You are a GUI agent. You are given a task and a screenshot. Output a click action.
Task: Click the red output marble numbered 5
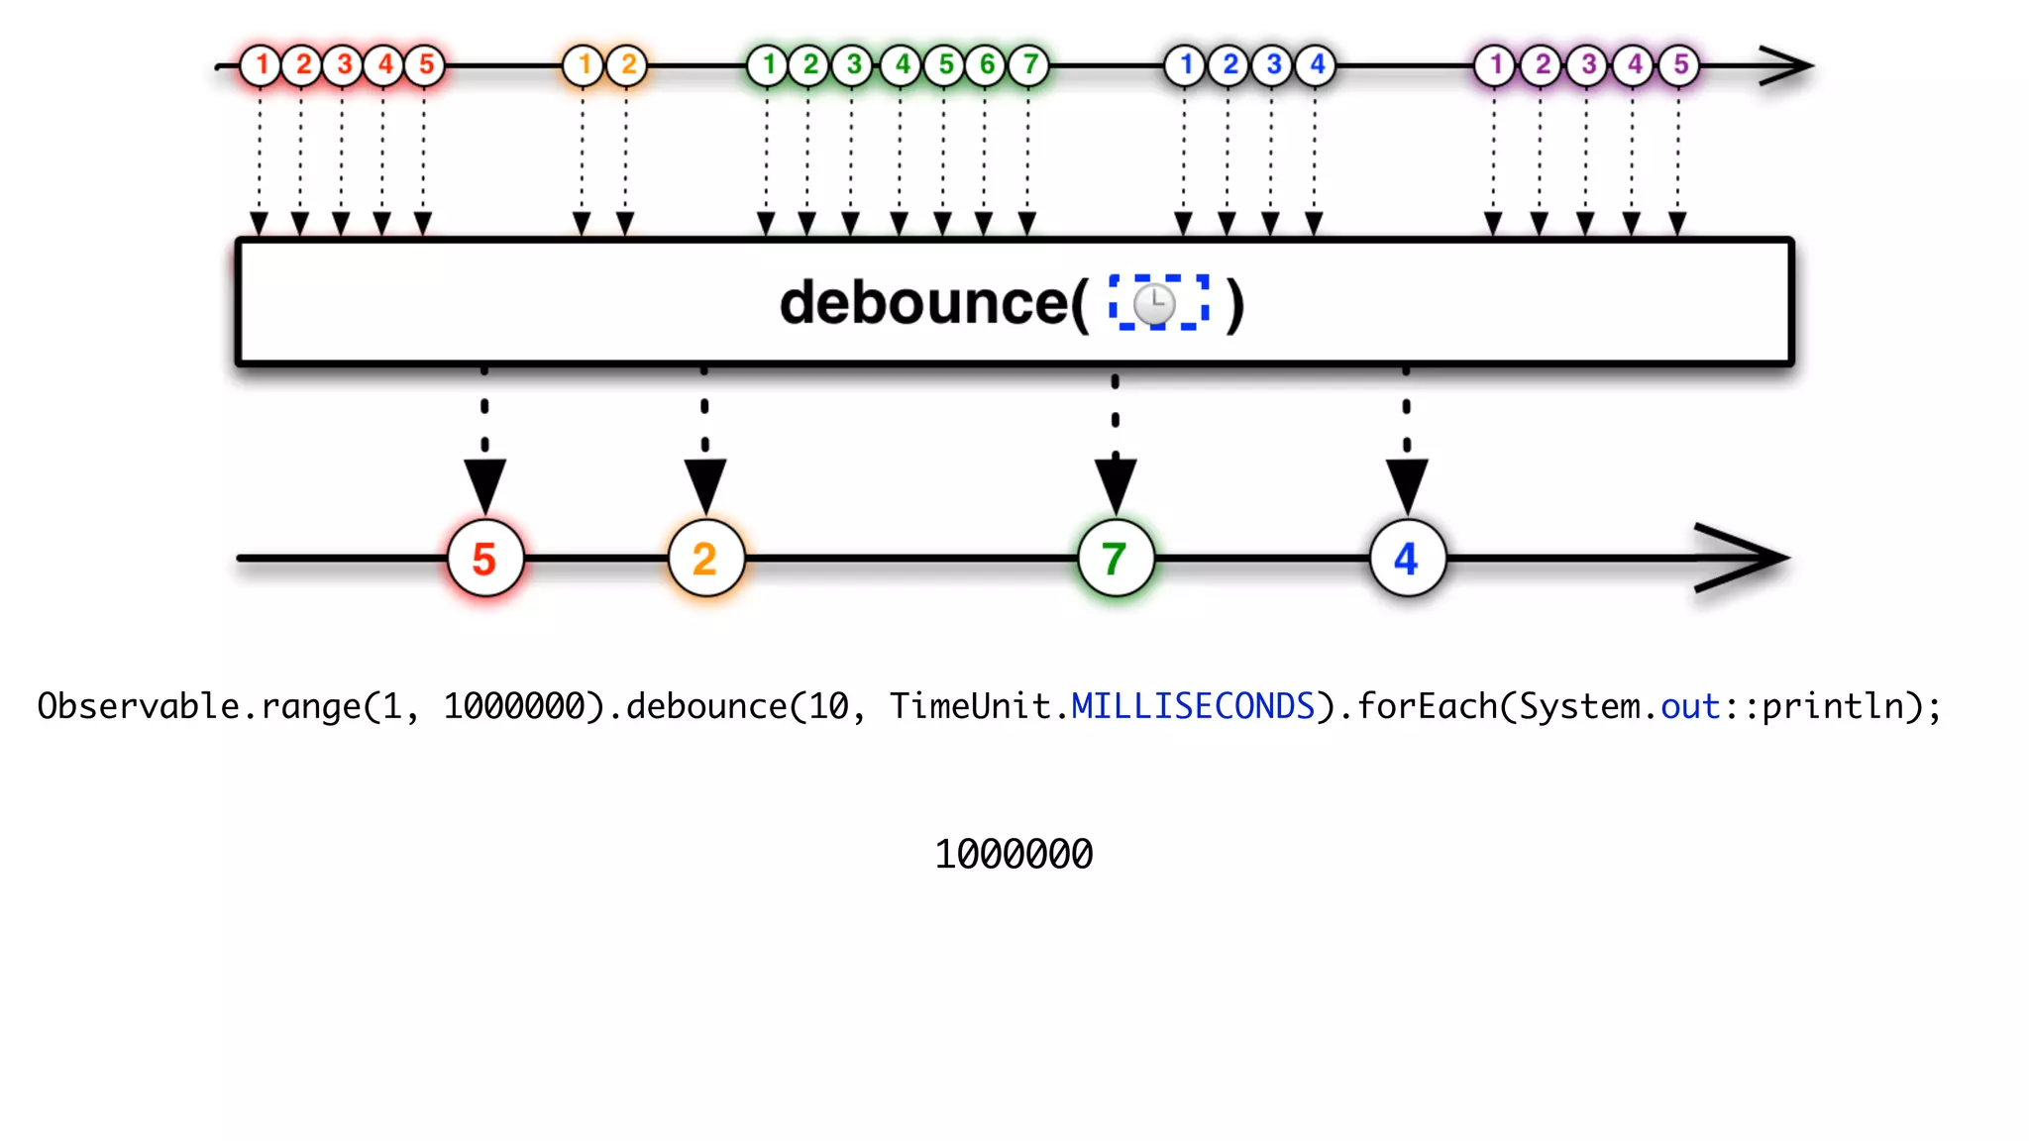[484, 559]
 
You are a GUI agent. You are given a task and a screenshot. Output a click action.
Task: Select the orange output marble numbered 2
[705, 559]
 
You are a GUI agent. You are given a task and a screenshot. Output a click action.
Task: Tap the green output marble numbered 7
[1116, 559]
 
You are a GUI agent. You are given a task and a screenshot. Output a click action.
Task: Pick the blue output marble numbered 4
[1407, 559]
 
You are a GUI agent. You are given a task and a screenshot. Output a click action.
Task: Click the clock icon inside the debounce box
[1154, 304]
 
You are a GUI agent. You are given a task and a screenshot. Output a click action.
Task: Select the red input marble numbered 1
[261, 65]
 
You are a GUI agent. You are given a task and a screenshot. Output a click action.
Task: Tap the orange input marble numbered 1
[584, 65]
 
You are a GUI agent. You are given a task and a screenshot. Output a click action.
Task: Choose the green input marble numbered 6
[987, 65]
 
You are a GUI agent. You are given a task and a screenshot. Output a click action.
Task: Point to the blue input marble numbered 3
[1273, 65]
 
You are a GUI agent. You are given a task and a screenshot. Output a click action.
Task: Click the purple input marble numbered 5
[1680, 65]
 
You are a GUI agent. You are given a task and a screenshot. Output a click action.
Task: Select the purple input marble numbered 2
[1542, 65]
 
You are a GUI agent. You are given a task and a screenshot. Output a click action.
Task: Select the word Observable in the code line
[138, 706]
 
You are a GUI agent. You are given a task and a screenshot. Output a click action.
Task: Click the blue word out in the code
[1690, 706]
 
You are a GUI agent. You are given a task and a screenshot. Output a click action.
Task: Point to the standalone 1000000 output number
[1014, 854]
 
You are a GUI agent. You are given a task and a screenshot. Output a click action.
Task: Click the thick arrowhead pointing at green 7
[1116, 485]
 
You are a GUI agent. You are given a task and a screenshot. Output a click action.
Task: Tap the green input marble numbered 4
[902, 65]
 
